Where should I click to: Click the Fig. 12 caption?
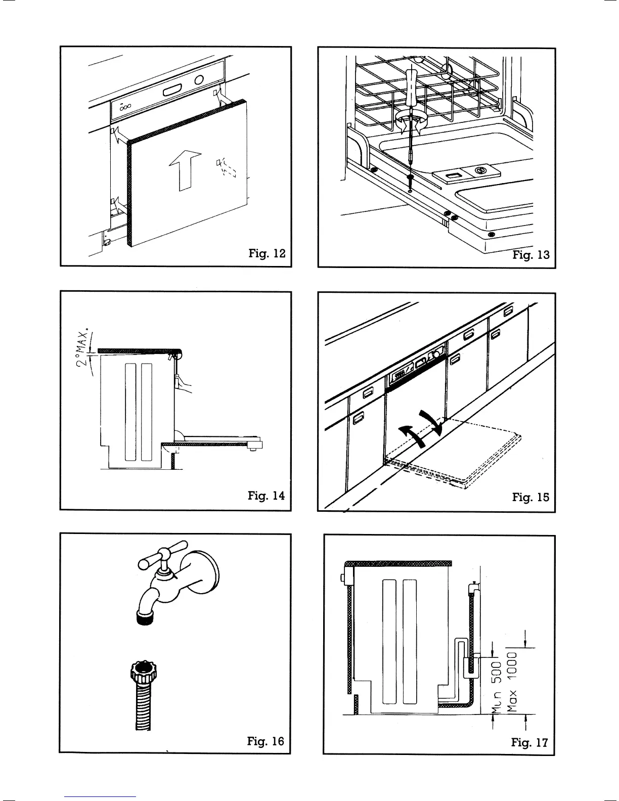point(267,253)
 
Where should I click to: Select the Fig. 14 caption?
point(267,496)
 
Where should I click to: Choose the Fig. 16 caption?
point(266,741)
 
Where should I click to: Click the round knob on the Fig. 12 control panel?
point(199,80)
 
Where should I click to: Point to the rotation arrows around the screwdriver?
point(412,121)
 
